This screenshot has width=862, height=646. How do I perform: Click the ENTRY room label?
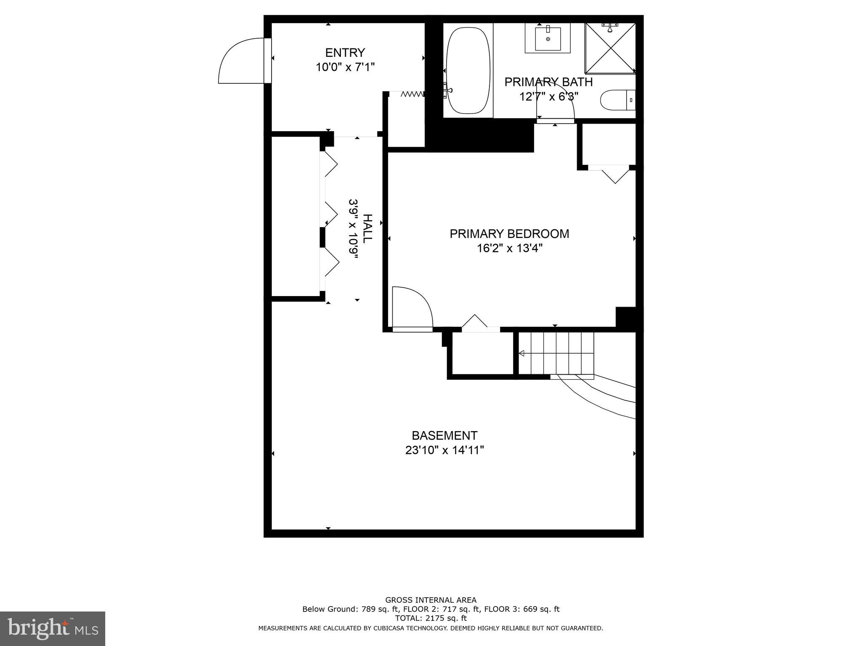[345, 53]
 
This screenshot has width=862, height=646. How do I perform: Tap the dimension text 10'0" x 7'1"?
[345, 67]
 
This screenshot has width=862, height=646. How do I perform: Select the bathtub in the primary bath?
[468, 71]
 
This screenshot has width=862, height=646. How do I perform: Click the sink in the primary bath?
[548, 38]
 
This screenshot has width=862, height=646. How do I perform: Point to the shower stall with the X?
[610, 48]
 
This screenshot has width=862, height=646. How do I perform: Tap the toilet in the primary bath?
[617, 100]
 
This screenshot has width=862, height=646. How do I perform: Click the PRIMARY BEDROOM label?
[509, 234]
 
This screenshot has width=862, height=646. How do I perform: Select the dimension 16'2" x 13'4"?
[509, 249]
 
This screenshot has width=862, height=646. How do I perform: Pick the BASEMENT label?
[444, 435]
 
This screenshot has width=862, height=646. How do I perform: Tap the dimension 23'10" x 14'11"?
[444, 450]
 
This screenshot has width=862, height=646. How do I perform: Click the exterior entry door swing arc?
[238, 59]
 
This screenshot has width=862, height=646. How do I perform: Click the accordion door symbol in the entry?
[412, 94]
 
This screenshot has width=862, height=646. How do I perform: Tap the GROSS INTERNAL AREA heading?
[431, 600]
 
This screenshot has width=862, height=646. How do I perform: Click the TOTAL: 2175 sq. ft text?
[431, 618]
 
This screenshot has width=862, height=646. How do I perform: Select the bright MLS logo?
[52, 628]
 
